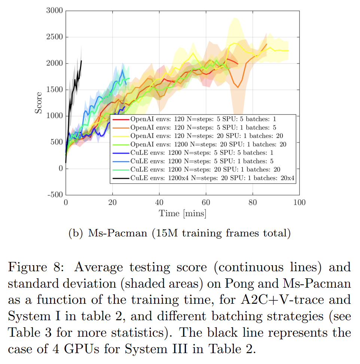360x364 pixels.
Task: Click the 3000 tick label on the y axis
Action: pos(54,10)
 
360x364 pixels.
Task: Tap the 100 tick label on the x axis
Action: pos(299,203)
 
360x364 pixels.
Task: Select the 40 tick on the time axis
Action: pos(159,203)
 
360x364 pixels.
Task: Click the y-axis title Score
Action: pos(39,103)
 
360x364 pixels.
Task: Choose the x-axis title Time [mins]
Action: pos(182,214)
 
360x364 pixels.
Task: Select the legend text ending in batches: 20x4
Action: pos(213,178)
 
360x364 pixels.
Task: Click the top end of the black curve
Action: pos(82,61)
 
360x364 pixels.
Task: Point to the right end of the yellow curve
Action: pos(289,51)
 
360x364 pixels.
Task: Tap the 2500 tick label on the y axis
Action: pos(54,37)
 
